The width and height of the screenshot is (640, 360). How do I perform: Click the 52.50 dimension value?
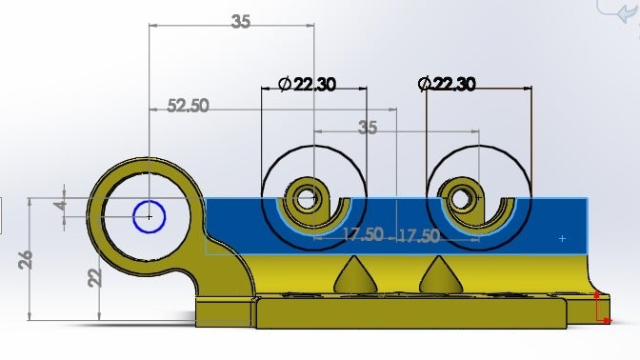(x=189, y=106)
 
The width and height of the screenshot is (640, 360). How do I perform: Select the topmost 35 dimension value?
(x=240, y=21)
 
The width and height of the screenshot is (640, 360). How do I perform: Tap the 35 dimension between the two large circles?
(x=368, y=128)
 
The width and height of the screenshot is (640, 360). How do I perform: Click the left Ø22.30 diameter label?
(x=307, y=85)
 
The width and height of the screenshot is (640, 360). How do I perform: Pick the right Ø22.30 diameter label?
(x=447, y=84)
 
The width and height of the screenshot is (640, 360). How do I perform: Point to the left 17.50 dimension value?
(x=363, y=234)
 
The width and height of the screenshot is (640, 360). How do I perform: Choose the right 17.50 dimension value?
(x=419, y=235)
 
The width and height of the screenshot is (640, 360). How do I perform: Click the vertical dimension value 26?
(x=26, y=260)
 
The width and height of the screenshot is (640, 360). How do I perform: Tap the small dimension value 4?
(x=61, y=205)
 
